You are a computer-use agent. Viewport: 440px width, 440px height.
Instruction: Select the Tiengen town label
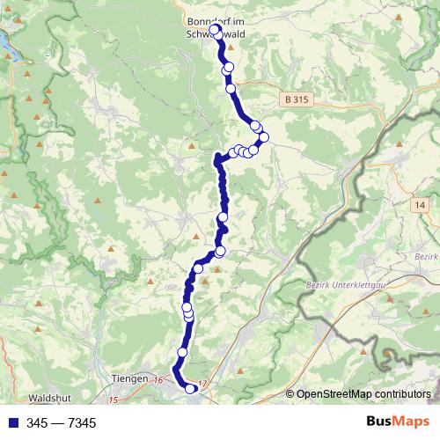(x=131, y=379)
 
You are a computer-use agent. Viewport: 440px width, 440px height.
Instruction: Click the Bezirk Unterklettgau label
(x=342, y=287)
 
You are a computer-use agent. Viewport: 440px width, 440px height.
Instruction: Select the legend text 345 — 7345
(x=62, y=423)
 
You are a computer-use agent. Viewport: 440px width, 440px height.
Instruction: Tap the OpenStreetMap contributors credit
(x=363, y=393)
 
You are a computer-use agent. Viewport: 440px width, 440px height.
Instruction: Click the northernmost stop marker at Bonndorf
(x=215, y=30)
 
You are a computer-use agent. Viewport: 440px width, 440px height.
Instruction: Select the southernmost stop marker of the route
(x=190, y=389)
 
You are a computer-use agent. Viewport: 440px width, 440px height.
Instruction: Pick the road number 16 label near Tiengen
(x=158, y=379)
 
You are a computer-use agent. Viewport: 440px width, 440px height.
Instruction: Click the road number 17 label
(x=204, y=383)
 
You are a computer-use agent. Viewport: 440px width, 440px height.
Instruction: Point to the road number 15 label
(x=114, y=400)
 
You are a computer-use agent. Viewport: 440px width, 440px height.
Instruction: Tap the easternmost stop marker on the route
(x=263, y=137)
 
